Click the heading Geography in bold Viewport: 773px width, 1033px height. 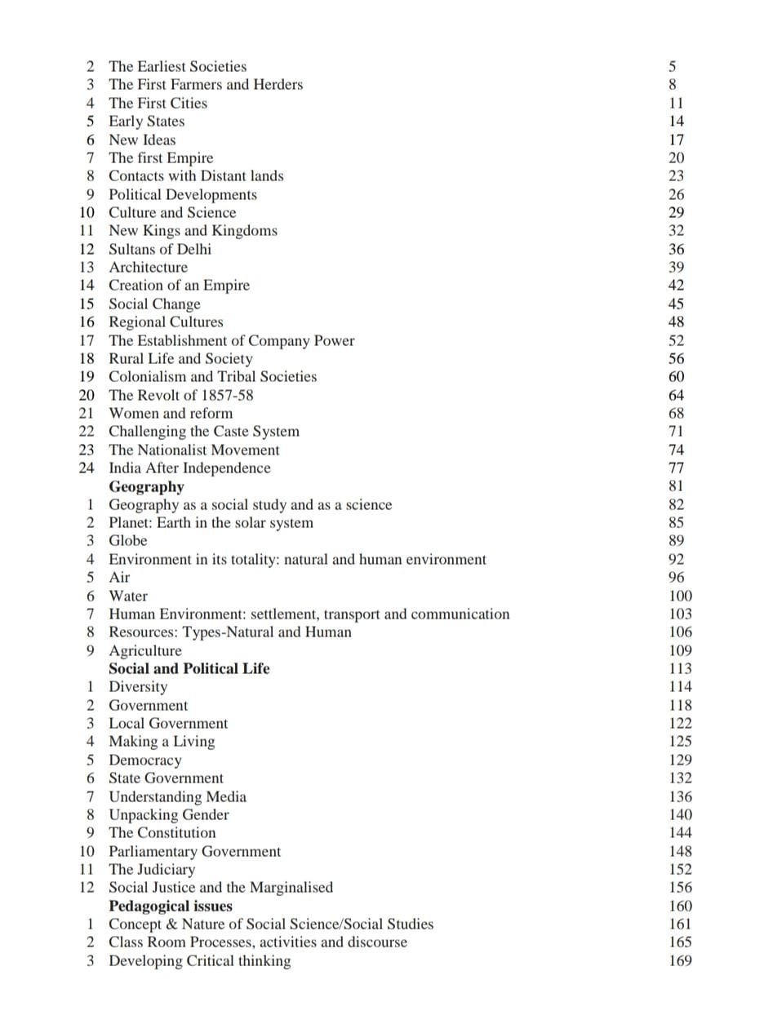(x=146, y=487)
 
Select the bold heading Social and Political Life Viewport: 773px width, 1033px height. (x=189, y=669)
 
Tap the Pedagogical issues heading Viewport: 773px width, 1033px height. (x=171, y=907)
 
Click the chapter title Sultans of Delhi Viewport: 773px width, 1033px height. (x=160, y=250)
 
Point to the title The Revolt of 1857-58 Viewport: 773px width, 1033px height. (x=180, y=396)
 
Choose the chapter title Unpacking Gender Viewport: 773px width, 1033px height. (x=169, y=815)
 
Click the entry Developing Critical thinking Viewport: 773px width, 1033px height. (x=199, y=961)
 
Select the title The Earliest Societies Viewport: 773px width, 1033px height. (x=177, y=67)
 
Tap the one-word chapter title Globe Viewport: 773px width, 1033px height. (x=128, y=541)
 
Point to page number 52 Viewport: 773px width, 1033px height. (x=676, y=341)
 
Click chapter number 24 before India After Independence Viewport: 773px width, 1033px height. (x=87, y=468)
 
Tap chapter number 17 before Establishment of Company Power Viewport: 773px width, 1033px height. (x=87, y=341)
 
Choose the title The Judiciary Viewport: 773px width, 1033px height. (x=152, y=870)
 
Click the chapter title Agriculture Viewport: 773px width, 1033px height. (x=145, y=651)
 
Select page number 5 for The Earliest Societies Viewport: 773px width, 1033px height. (x=672, y=67)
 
